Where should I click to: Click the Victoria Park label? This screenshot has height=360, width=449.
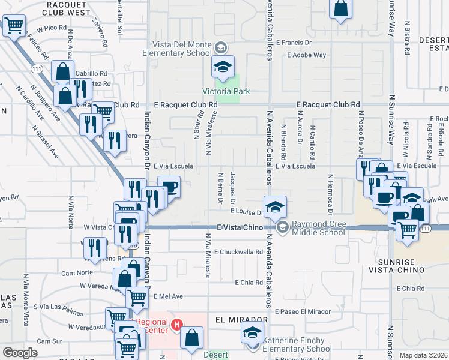[x=226, y=91]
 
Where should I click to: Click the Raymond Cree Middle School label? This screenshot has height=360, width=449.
[x=318, y=228]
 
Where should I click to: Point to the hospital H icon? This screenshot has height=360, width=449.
[x=177, y=325]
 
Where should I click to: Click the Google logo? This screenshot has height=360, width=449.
[x=20, y=353]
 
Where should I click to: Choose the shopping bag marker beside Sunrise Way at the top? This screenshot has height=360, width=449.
[x=340, y=9]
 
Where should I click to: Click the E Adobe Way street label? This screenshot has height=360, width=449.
[x=306, y=55]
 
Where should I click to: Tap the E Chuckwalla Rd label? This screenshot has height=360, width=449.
[x=240, y=252]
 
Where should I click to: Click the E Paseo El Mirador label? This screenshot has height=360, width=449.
[x=303, y=311]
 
